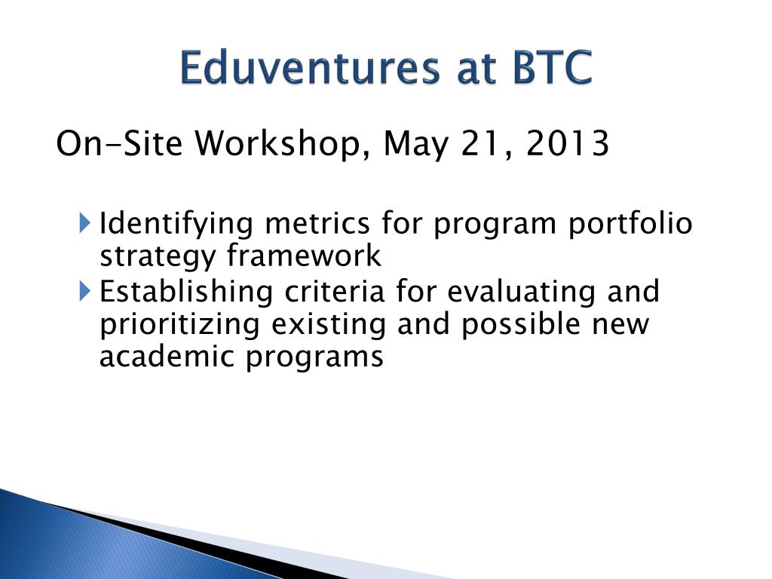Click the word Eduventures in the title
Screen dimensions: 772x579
(310, 67)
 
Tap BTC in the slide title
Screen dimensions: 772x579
(552, 67)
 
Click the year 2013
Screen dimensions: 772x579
(568, 144)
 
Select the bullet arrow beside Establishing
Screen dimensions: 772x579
(84, 290)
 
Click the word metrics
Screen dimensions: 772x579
(317, 223)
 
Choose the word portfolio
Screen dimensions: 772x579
(630, 225)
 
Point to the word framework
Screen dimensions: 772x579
(304, 256)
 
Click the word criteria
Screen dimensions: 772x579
(334, 291)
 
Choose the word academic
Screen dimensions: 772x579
(167, 357)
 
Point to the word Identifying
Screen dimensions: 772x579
(176, 225)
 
